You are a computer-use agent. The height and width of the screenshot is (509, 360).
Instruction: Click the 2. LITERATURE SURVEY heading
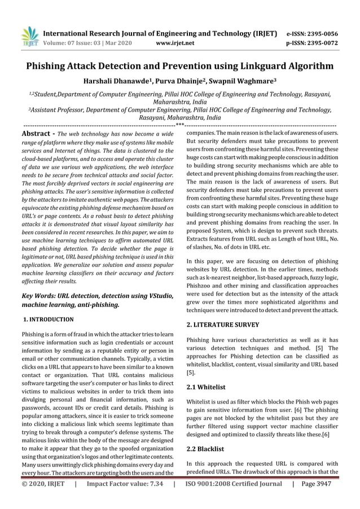coord(223,325)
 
